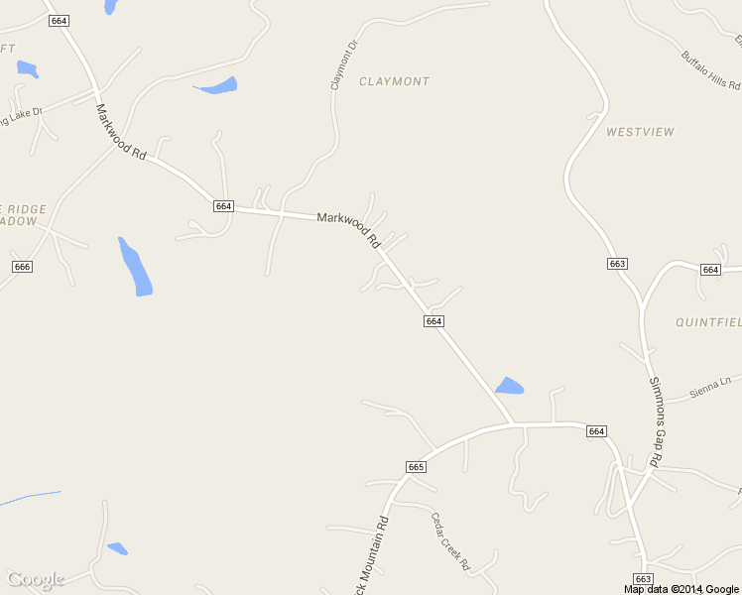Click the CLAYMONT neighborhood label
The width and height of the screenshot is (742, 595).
pyautogui.click(x=394, y=81)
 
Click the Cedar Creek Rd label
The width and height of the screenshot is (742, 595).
pyautogui.click(x=449, y=540)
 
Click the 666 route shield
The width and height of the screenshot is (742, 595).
pyautogui.click(x=23, y=267)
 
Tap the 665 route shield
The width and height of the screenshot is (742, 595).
pyautogui.click(x=416, y=466)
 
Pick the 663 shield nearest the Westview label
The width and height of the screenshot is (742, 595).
pyautogui.click(x=617, y=263)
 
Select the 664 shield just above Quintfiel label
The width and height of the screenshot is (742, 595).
pyautogui.click(x=709, y=270)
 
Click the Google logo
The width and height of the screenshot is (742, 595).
pyautogui.click(x=36, y=579)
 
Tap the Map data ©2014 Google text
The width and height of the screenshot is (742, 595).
pyautogui.click(x=680, y=589)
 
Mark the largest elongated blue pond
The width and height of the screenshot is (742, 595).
pyautogui.click(x=135, y=267)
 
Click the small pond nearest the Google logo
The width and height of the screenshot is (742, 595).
pyautogui.click(x=117, y=548)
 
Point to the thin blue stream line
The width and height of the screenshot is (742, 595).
pyautogui.click(x=30, y=498)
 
